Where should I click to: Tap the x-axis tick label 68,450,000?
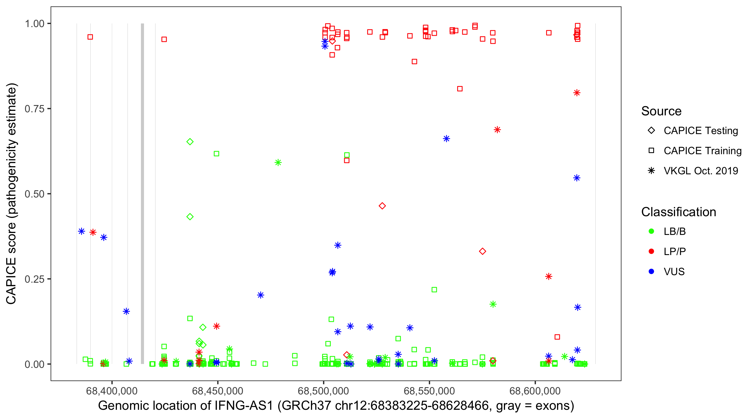(x=218, y=391)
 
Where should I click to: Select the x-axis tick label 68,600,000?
(x=535, y=391)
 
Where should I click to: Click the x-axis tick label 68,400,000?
(x=112, y=391)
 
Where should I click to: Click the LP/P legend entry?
(x=674, y=251)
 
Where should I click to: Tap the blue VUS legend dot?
(x=651, y=272)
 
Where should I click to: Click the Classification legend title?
(x=678, y=212)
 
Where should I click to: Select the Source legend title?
(x=661, y=111)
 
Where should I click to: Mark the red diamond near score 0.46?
(x=382, y=206)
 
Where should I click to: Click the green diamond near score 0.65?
(x=190, y=142)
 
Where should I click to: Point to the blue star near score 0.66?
(x=446, y=139)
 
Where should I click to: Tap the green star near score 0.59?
(x=278, y=163)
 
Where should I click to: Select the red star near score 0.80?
(x=577, y=93)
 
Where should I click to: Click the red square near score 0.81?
(x=460, y=89)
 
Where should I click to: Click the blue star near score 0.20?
(x=261, y=295)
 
